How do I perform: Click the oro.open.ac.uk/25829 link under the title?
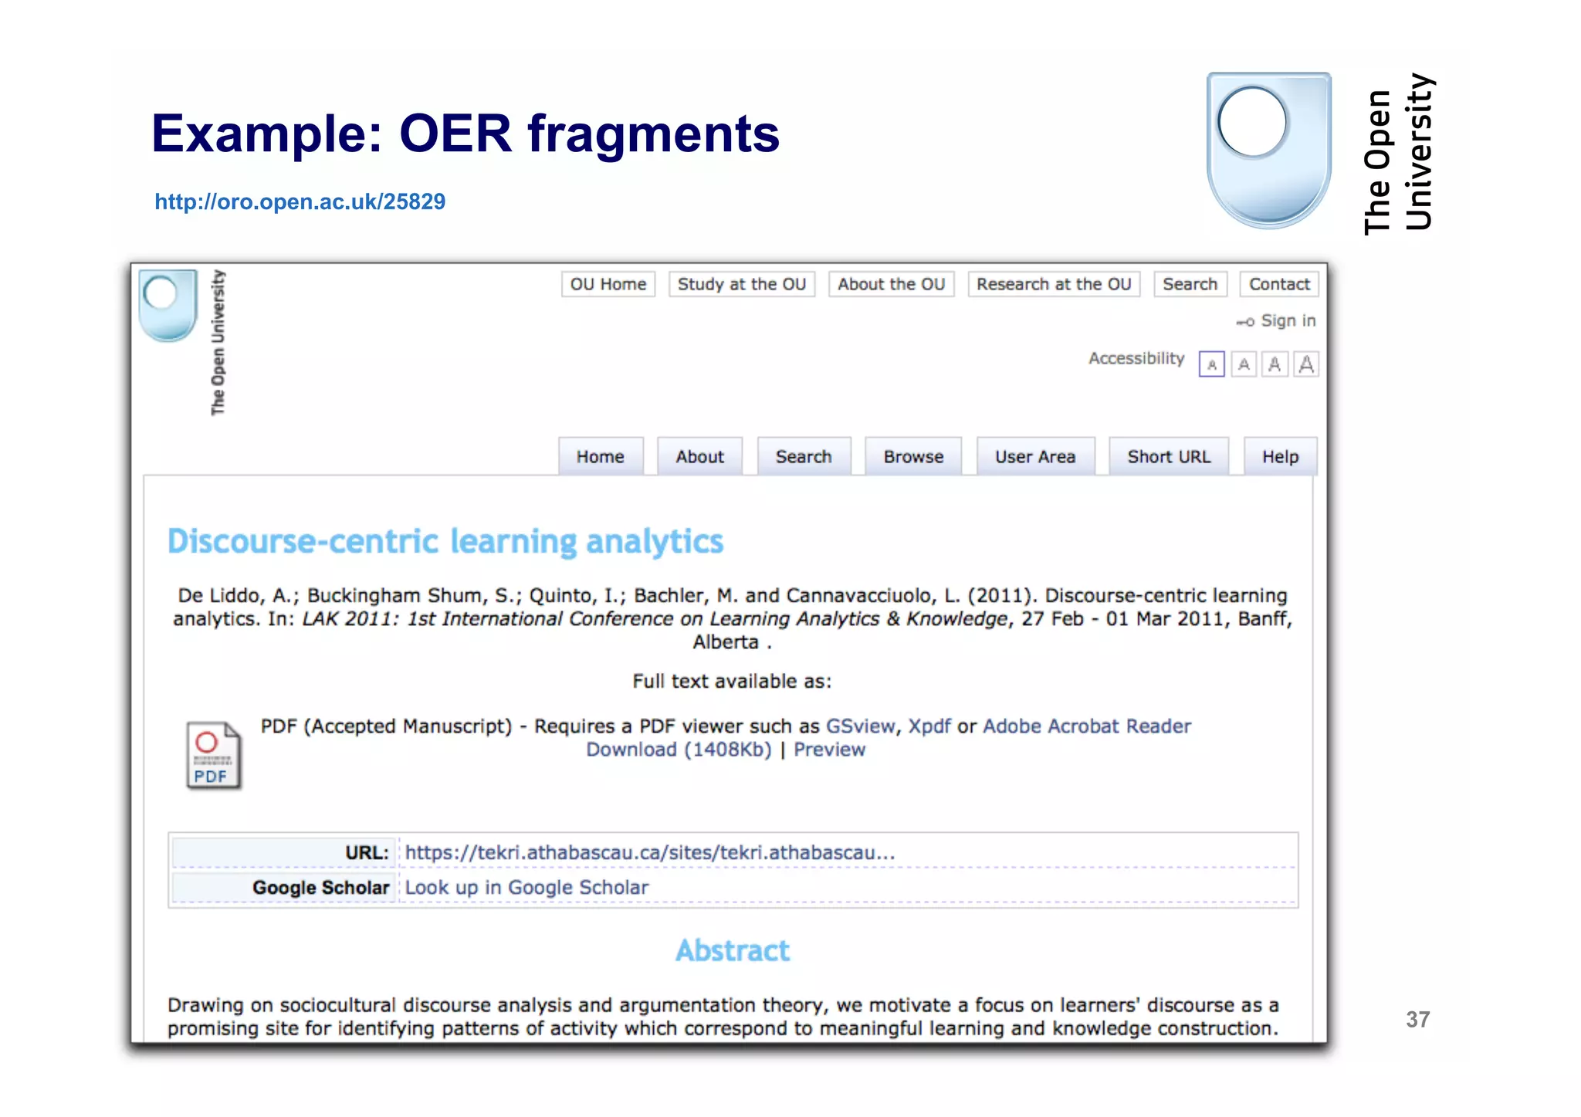[300, 202]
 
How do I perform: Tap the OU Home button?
[608, 284]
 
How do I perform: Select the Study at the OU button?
[741, 284]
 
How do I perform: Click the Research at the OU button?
[1053, 284]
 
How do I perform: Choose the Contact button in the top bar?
[1278, 284]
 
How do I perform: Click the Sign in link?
[1287, 321]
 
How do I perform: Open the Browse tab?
[913, 457]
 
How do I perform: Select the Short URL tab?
[1168, 457]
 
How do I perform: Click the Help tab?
[1280, 457]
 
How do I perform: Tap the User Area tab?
[1034, 457]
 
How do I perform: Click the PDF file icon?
[213, 756]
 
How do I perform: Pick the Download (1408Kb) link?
[679, 750]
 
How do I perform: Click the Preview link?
[829, 750]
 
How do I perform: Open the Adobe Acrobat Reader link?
[1086, 726]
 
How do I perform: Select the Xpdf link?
[929, 726]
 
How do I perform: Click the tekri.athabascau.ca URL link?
[649, 853]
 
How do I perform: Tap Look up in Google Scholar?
[526, 888]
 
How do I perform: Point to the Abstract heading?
[733, 951]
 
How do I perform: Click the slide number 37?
[1417, 1020]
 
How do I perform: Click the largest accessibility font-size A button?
[1306, 364]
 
